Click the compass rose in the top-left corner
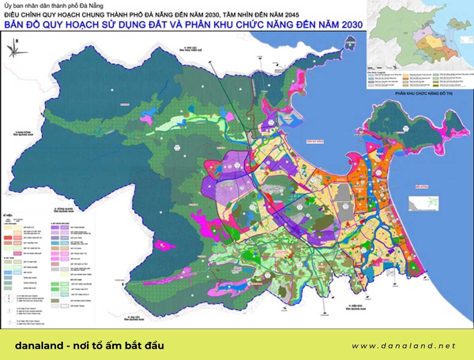(15, 48)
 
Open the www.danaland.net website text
(403, 346)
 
